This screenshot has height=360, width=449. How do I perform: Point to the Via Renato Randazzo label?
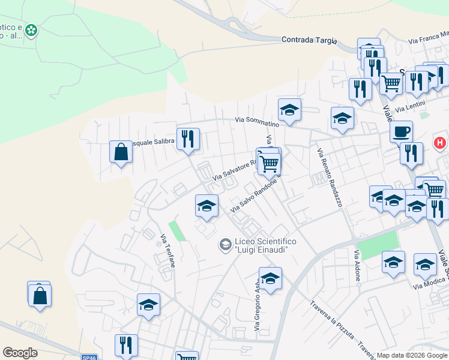click(330, 178)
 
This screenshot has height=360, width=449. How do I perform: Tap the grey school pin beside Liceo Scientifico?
click(225, 244)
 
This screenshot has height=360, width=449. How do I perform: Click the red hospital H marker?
click(440, 144)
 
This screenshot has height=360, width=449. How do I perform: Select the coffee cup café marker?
click(401, 131)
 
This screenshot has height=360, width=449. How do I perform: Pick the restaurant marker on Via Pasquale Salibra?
click(188, 139)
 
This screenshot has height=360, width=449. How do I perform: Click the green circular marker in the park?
click(31, 29)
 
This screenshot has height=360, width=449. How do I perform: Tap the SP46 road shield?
click(89, 357)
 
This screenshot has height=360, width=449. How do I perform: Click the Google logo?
click(20, 352)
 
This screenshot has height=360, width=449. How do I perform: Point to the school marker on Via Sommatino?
click(289, 110)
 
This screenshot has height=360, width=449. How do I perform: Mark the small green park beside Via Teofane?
click(176, 231)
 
